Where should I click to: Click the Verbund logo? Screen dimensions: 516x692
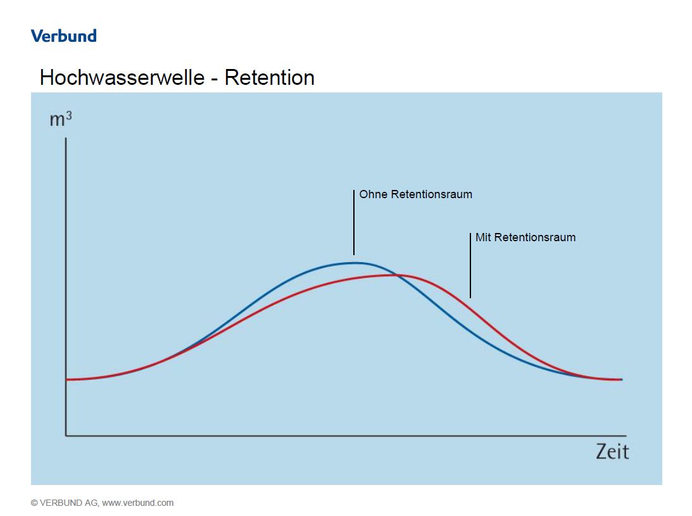pyautogui.click(x=63, y=35)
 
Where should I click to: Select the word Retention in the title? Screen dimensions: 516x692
pyautogui.click(x=269, y=78)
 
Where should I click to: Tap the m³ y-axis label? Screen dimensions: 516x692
pyautogui.click(x=61, y=118)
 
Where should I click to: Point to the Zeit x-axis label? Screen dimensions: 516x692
pyautogui.click(x=612, y=451)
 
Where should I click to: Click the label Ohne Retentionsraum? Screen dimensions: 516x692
pyautogui.click(x=415, y=194)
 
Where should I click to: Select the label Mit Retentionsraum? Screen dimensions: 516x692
pyautogui.click(x=525, y=237)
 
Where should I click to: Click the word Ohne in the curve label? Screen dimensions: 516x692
pyautogui.click(x=373, y=194)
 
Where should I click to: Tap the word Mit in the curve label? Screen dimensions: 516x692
pyautogui.click(x=483, y=237)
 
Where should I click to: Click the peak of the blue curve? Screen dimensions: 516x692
pyautogui.click(x=356, y=262)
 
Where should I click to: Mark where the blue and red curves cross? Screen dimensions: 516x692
pyautogui.click(x=396, y=275)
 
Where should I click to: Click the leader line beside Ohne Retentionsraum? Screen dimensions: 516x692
pyautogui.click(x=354, y=222)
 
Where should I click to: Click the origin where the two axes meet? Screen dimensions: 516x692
pyautogui.click(x=66, y=436)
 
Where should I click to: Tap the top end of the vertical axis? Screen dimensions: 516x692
pyautogui.click(x=66, y=137)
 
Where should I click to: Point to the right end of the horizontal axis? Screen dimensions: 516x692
pyautogui.click(x=626, y=436)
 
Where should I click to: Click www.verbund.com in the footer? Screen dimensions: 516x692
pyautogui.click(x=137, y=503)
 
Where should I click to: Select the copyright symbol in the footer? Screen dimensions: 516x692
pyautogui.click(x=34, y=503)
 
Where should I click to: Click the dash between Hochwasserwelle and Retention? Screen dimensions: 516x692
pyautogui.click(x=214, y=79)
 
